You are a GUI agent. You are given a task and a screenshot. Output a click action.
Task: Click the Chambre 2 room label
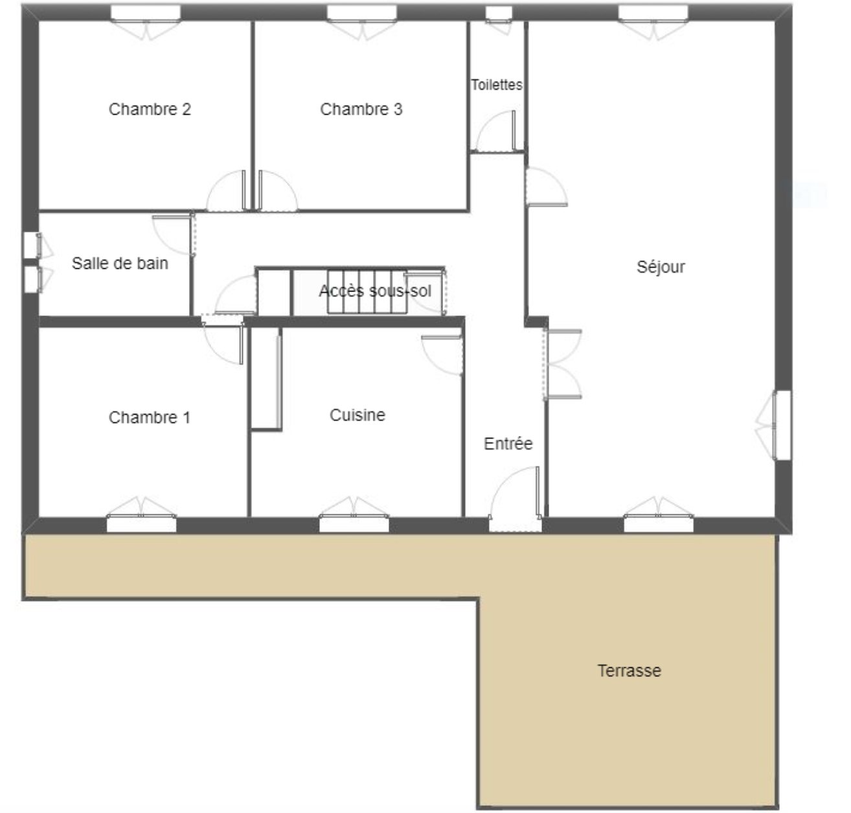[150, 109]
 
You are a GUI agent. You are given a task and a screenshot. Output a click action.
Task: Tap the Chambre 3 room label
[361, 109]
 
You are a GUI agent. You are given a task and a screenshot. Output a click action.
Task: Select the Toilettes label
[496, 84]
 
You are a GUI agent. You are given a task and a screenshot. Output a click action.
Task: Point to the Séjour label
[661, 267]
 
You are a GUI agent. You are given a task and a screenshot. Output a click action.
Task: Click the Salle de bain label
[120, 263]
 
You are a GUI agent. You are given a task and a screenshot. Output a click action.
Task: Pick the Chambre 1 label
[150, 417]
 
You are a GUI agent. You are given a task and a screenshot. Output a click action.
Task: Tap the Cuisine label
[357, 415]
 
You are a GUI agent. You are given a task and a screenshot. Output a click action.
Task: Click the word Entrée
[508, 444]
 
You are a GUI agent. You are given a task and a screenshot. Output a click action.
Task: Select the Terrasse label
[630, 670]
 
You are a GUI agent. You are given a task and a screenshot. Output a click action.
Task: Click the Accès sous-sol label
[375, 291]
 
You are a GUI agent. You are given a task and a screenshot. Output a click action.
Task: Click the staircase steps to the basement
[367, 292]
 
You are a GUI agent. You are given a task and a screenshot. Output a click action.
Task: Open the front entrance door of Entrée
[516, 499]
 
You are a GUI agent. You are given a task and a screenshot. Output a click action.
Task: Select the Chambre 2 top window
[145, 13]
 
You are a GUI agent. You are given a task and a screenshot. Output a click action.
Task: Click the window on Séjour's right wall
[783, 425]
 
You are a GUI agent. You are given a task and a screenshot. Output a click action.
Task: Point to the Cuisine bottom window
[354, 524]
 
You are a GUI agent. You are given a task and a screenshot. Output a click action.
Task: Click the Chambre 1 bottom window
[141, 524]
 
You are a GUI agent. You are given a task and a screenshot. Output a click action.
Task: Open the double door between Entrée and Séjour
[563, 364]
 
